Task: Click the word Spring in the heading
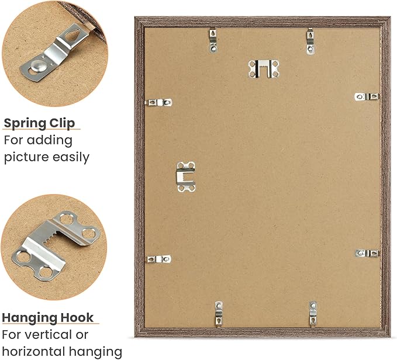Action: click(25, 123)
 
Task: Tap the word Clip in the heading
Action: click(63, 123)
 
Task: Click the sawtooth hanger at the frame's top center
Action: click(264, 68)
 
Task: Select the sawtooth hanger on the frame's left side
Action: click(186, 176)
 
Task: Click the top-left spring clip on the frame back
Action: click(213, 40)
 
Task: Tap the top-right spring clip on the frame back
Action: click(310, 41)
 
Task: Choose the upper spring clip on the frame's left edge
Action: click(159, 102)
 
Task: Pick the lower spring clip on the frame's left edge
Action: click(159, 259)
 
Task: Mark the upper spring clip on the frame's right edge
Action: click(367, 96)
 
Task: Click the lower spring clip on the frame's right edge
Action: click(367, 253)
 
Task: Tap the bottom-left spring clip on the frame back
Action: click(219, 314)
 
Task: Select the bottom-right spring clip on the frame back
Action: click(313, 314)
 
